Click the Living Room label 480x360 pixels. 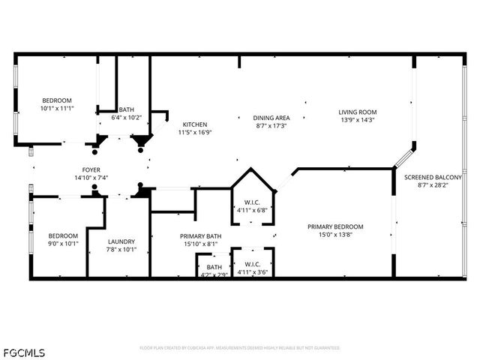pyautogui.click(x=356, y=110)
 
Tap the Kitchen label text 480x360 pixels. pyautogui.click(x=195, y=124)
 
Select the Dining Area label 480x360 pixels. pyautogui.click(x=271, y=118)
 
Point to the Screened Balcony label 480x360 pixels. pyautogui.click(x=426, y=178)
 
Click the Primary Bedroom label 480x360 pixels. pyautogui.click(x=335, y=226)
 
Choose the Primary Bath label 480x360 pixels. pyautogui.click(x=200, y=235)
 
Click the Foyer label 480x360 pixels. pyautogui.click(x=91, y=170)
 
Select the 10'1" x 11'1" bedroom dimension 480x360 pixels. pyautogui.click(x=56, y=109)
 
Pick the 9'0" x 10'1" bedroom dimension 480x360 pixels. pyautogui.click(x=62, y=242)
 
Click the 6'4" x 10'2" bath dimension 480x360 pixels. pyautogui.click(x=126, y=118)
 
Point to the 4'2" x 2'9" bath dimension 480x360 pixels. pyautogui.click(x=214, y=275)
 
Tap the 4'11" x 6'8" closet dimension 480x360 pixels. pyautogui.click(x=252, y=211)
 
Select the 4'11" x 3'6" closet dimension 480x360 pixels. pyautogui.click(x=252, y=271)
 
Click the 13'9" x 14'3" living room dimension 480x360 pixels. pyautogui.click(x=356, y=119)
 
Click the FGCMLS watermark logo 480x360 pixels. pyautogui.click(x=25, y=352)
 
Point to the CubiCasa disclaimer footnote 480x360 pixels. pyautogui.click(x=240, y=348)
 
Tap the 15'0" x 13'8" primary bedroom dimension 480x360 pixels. pyautogui.click(x=335, y=235)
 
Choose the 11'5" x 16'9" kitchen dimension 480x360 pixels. pyautogui.click(x=195, y=133)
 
